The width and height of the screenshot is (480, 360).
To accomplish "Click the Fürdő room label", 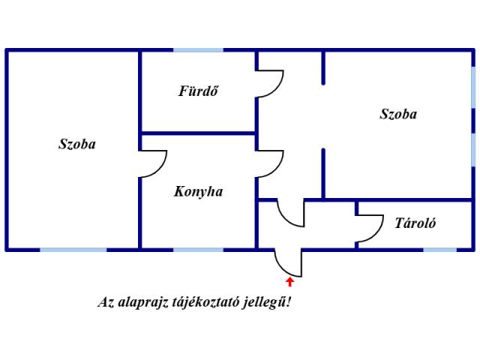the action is (198, 91).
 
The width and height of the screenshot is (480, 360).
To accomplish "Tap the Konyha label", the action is (198, 192).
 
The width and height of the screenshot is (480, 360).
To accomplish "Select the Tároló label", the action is (415, 223).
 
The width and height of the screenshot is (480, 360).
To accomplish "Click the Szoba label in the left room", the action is (77, 144).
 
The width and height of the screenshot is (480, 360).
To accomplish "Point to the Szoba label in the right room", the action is (398, 114).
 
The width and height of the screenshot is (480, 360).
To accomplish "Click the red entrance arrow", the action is (290, 282).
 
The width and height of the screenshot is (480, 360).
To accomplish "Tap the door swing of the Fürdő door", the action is (270, 84).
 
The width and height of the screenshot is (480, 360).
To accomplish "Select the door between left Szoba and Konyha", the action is (153, 163).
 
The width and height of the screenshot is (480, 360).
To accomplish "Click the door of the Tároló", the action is (370, 228).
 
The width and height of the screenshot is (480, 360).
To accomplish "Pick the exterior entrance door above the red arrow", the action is (288, 263).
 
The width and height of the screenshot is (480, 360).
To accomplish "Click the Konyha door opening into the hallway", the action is (270, 163).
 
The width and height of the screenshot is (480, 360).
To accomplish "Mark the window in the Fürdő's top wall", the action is (198, 50).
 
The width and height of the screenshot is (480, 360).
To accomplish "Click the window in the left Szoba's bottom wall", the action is (73, 250).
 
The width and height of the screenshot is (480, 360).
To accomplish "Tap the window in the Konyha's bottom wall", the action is (198, 250).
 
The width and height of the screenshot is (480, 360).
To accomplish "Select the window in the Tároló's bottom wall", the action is (440, 250).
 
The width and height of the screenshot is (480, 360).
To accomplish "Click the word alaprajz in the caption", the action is (143, 303).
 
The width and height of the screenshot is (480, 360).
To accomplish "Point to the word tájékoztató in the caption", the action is (205, 303).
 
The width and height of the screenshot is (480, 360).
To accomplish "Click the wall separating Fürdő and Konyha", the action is (198, 133).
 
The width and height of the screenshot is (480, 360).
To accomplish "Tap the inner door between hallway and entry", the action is (291, 213).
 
